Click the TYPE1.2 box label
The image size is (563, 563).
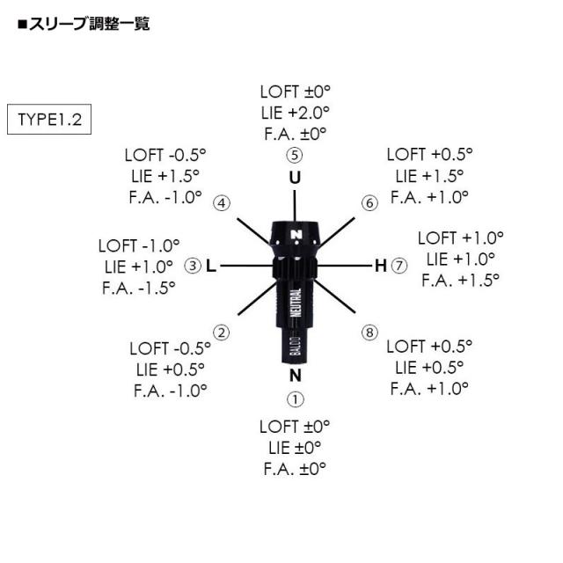click(x=49, y=120)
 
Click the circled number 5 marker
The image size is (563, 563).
click(x=295, y=156)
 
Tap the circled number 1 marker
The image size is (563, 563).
click(x=295, y=399)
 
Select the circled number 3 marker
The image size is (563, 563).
click(x=192, y=265)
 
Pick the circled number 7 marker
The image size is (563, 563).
click(x=399, y=265)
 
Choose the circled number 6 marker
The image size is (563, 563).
click(x=369, y=203)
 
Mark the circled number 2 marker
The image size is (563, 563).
click(x=223, y=332)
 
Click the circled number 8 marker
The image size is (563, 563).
click(x=369, y=332)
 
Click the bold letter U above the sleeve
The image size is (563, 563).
click(x=295, y=178)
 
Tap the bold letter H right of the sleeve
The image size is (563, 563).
click(x=381, y=265)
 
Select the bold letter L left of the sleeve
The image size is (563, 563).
click(x=211, y=265)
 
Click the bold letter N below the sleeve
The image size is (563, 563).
click(x=295, y=377)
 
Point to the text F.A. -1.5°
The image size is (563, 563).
click(x=139, y=287)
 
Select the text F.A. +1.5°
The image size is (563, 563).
click(x=460, y=280)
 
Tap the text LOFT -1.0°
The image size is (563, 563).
click(x=139, y=245)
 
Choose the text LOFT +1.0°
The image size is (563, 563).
click(x=460, y=238)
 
